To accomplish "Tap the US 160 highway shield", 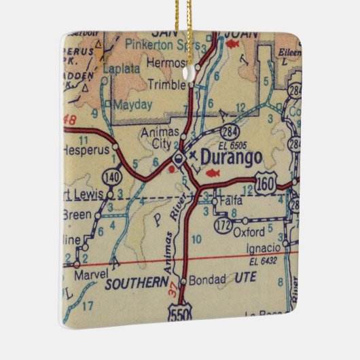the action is (267, 181).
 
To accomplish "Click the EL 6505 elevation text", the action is (233, 145).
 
